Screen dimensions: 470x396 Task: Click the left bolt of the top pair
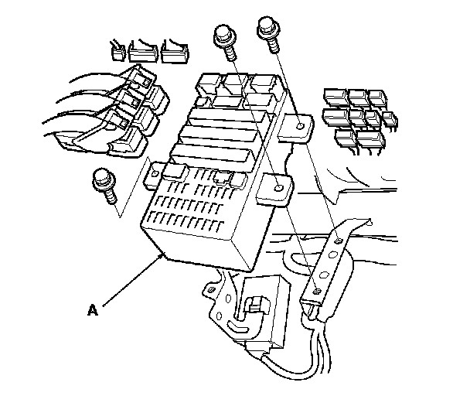click(x=224, y=39)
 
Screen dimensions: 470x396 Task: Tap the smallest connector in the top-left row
click(x=117, y=52)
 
